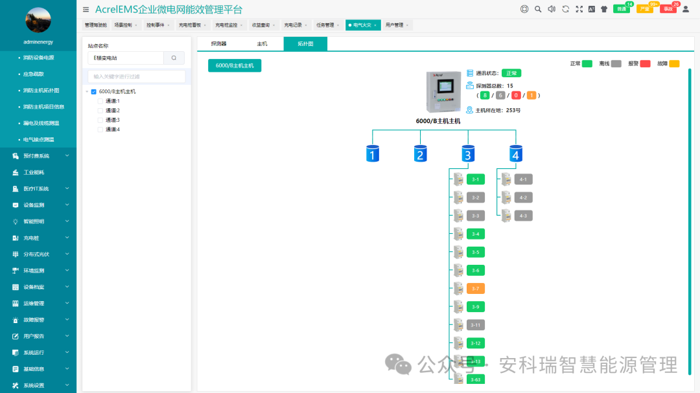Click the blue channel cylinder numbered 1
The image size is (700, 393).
pos(372,153)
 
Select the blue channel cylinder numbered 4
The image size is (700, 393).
pos(515,153)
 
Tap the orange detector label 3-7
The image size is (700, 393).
pos(475,288)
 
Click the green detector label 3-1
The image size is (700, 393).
pos(475,179)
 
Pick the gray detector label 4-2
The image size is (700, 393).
pos(524,197)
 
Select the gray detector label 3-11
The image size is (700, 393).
pos(475,324)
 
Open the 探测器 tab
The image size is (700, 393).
pos(218,44)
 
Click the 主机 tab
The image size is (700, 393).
pos(262,44)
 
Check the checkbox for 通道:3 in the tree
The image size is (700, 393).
pos(101,120)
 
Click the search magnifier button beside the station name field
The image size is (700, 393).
pos(174,58)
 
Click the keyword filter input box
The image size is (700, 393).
pos(136,76)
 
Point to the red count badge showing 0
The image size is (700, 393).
pos(516,95)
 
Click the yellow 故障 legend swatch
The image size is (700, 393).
pos(674,63)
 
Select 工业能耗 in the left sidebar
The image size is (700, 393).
pos(34,172)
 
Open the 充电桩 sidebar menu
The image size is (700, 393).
pos(31,238)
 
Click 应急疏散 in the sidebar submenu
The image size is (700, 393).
pos(34,74)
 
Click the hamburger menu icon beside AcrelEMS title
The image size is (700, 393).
pos(86,9)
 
